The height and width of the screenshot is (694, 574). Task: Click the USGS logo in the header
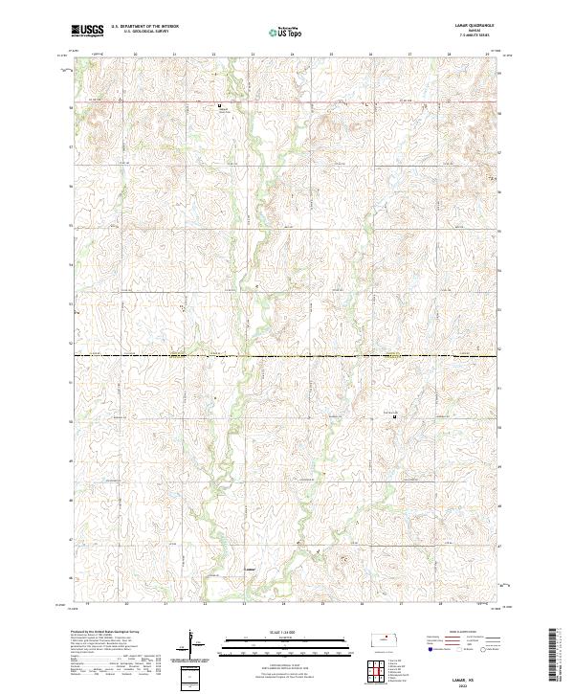coord(87,31)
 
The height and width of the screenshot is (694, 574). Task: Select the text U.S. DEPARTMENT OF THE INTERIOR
coord(144,27)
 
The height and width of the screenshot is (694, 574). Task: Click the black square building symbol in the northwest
coord(219,105)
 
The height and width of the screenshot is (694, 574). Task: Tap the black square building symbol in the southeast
coord(393,415)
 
